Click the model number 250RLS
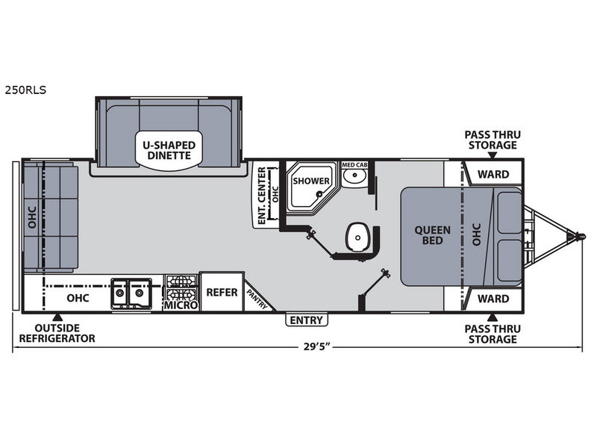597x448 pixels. click(x=25, y=90)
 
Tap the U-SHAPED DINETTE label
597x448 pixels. click(x=169, y=151)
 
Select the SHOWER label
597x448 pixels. click(x=311, y=181)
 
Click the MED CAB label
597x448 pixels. click(x=354, y=165)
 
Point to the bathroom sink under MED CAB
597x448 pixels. click(x=355, y=175)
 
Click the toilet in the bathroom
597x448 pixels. click(x=357, y=237)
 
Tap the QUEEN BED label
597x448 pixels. click(x=433, y=235)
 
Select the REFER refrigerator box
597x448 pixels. click(x=222, y=292)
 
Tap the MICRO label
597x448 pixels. click(x=181, y=305)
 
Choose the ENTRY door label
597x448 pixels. click(x=307, y=320)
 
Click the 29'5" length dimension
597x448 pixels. click(x=316, y=347)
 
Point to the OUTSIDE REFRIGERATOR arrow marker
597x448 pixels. click(x=57, y=317)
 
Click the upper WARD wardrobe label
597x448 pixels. click(x=493, y=175)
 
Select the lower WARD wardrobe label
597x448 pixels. click(x=493, y=299)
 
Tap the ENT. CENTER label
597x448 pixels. click(x=262, y=196)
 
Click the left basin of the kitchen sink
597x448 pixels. click(x=120, y=293)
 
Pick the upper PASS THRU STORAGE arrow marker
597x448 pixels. click(x=493, y=155)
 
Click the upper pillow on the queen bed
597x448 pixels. click(x=510, y=212)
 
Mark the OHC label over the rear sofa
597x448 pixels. click(x=32, y=217)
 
